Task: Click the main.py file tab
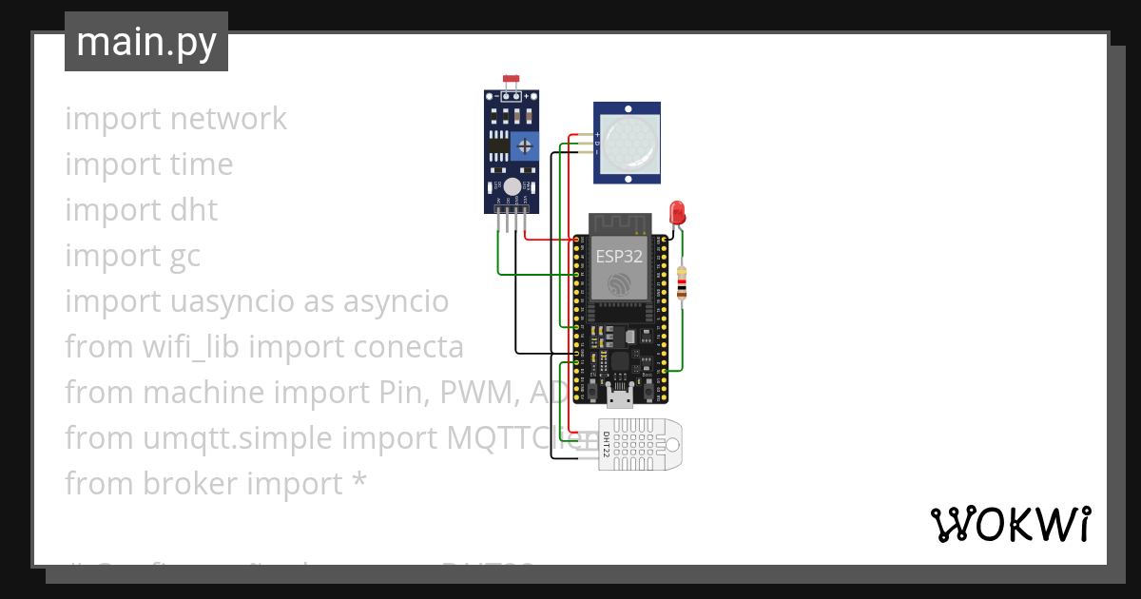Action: [146, 43]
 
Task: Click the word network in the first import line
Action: [228, 119]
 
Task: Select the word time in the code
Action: [202, 164]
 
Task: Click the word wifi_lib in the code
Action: [194, 347]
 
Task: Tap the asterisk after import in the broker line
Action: [358, 482]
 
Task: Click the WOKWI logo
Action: [1010, 524]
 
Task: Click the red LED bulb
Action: [677, 211]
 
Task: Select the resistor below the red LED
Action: [681, 282]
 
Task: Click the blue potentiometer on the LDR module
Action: [523, 146]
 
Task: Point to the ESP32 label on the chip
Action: [619, 257]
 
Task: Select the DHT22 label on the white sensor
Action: [607, 443]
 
